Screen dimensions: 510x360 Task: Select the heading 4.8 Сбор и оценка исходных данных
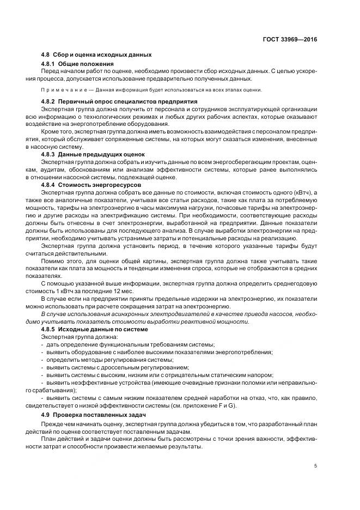96,55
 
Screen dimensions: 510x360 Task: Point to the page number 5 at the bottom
316,466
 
